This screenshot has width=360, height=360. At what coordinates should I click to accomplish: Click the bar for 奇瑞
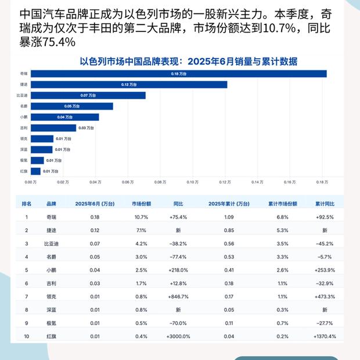pos(178,74)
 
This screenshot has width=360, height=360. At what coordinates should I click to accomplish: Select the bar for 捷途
pos(129,85)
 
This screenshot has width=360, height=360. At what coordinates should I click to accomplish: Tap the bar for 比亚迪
pos(88,95)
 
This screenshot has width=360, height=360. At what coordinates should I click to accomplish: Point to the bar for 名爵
pos(72,106)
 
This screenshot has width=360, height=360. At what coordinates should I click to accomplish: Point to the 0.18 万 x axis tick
pos(323,182)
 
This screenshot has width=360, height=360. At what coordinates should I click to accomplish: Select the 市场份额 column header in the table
pos(141,204)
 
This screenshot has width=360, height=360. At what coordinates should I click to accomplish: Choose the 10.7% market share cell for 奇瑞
pos(141,217)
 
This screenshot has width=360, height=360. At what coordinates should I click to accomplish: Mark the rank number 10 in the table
pos(26,336)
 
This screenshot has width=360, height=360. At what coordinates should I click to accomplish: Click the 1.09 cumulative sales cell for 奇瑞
pos(229,217)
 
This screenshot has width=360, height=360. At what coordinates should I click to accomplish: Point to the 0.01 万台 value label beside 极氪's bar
pos(54,160)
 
